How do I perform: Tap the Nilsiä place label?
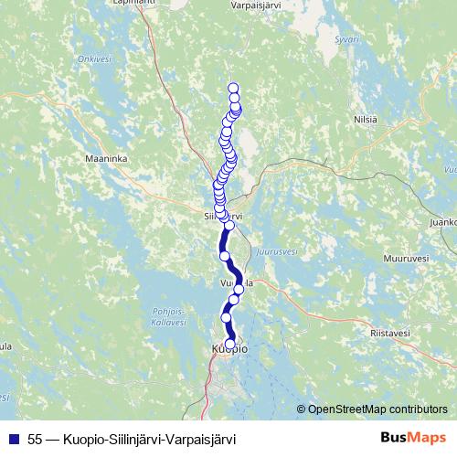[365, 119]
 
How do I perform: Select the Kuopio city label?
[228, 349]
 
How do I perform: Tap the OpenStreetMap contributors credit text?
[377, 409]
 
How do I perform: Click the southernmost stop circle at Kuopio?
[229, 343]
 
